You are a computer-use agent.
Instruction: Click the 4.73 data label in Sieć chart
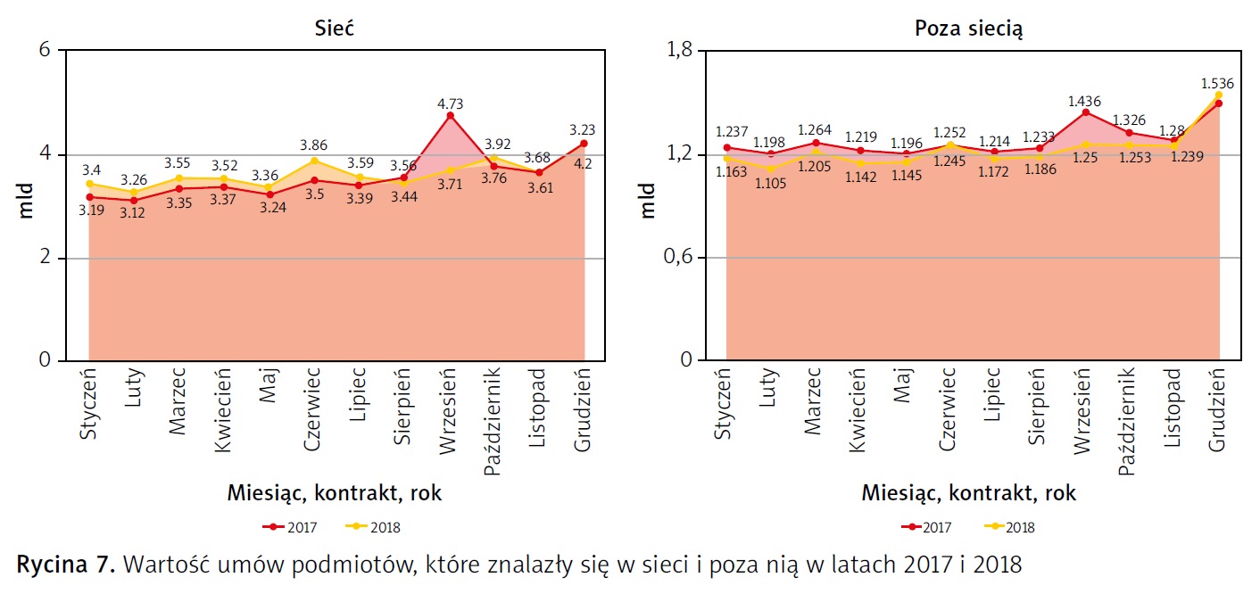[x=451, y=103]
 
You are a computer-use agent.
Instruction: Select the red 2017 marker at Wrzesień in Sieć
[x=451, y=115]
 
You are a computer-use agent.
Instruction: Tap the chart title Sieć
[x=335, y=28]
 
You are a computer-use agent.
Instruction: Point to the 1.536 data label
[x=1217, y=84]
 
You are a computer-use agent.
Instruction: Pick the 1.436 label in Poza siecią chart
[x=1085, y=100]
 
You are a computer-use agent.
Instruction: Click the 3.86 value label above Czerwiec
[x=314, y=143]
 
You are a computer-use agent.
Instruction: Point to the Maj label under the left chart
[x=269, y=389]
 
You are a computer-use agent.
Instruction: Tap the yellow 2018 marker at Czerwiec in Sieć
[x=314, y=161]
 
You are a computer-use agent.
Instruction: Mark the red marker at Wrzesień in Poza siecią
[x=1085, y=112]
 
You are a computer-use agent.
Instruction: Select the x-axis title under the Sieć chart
[x=335, y=493]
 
